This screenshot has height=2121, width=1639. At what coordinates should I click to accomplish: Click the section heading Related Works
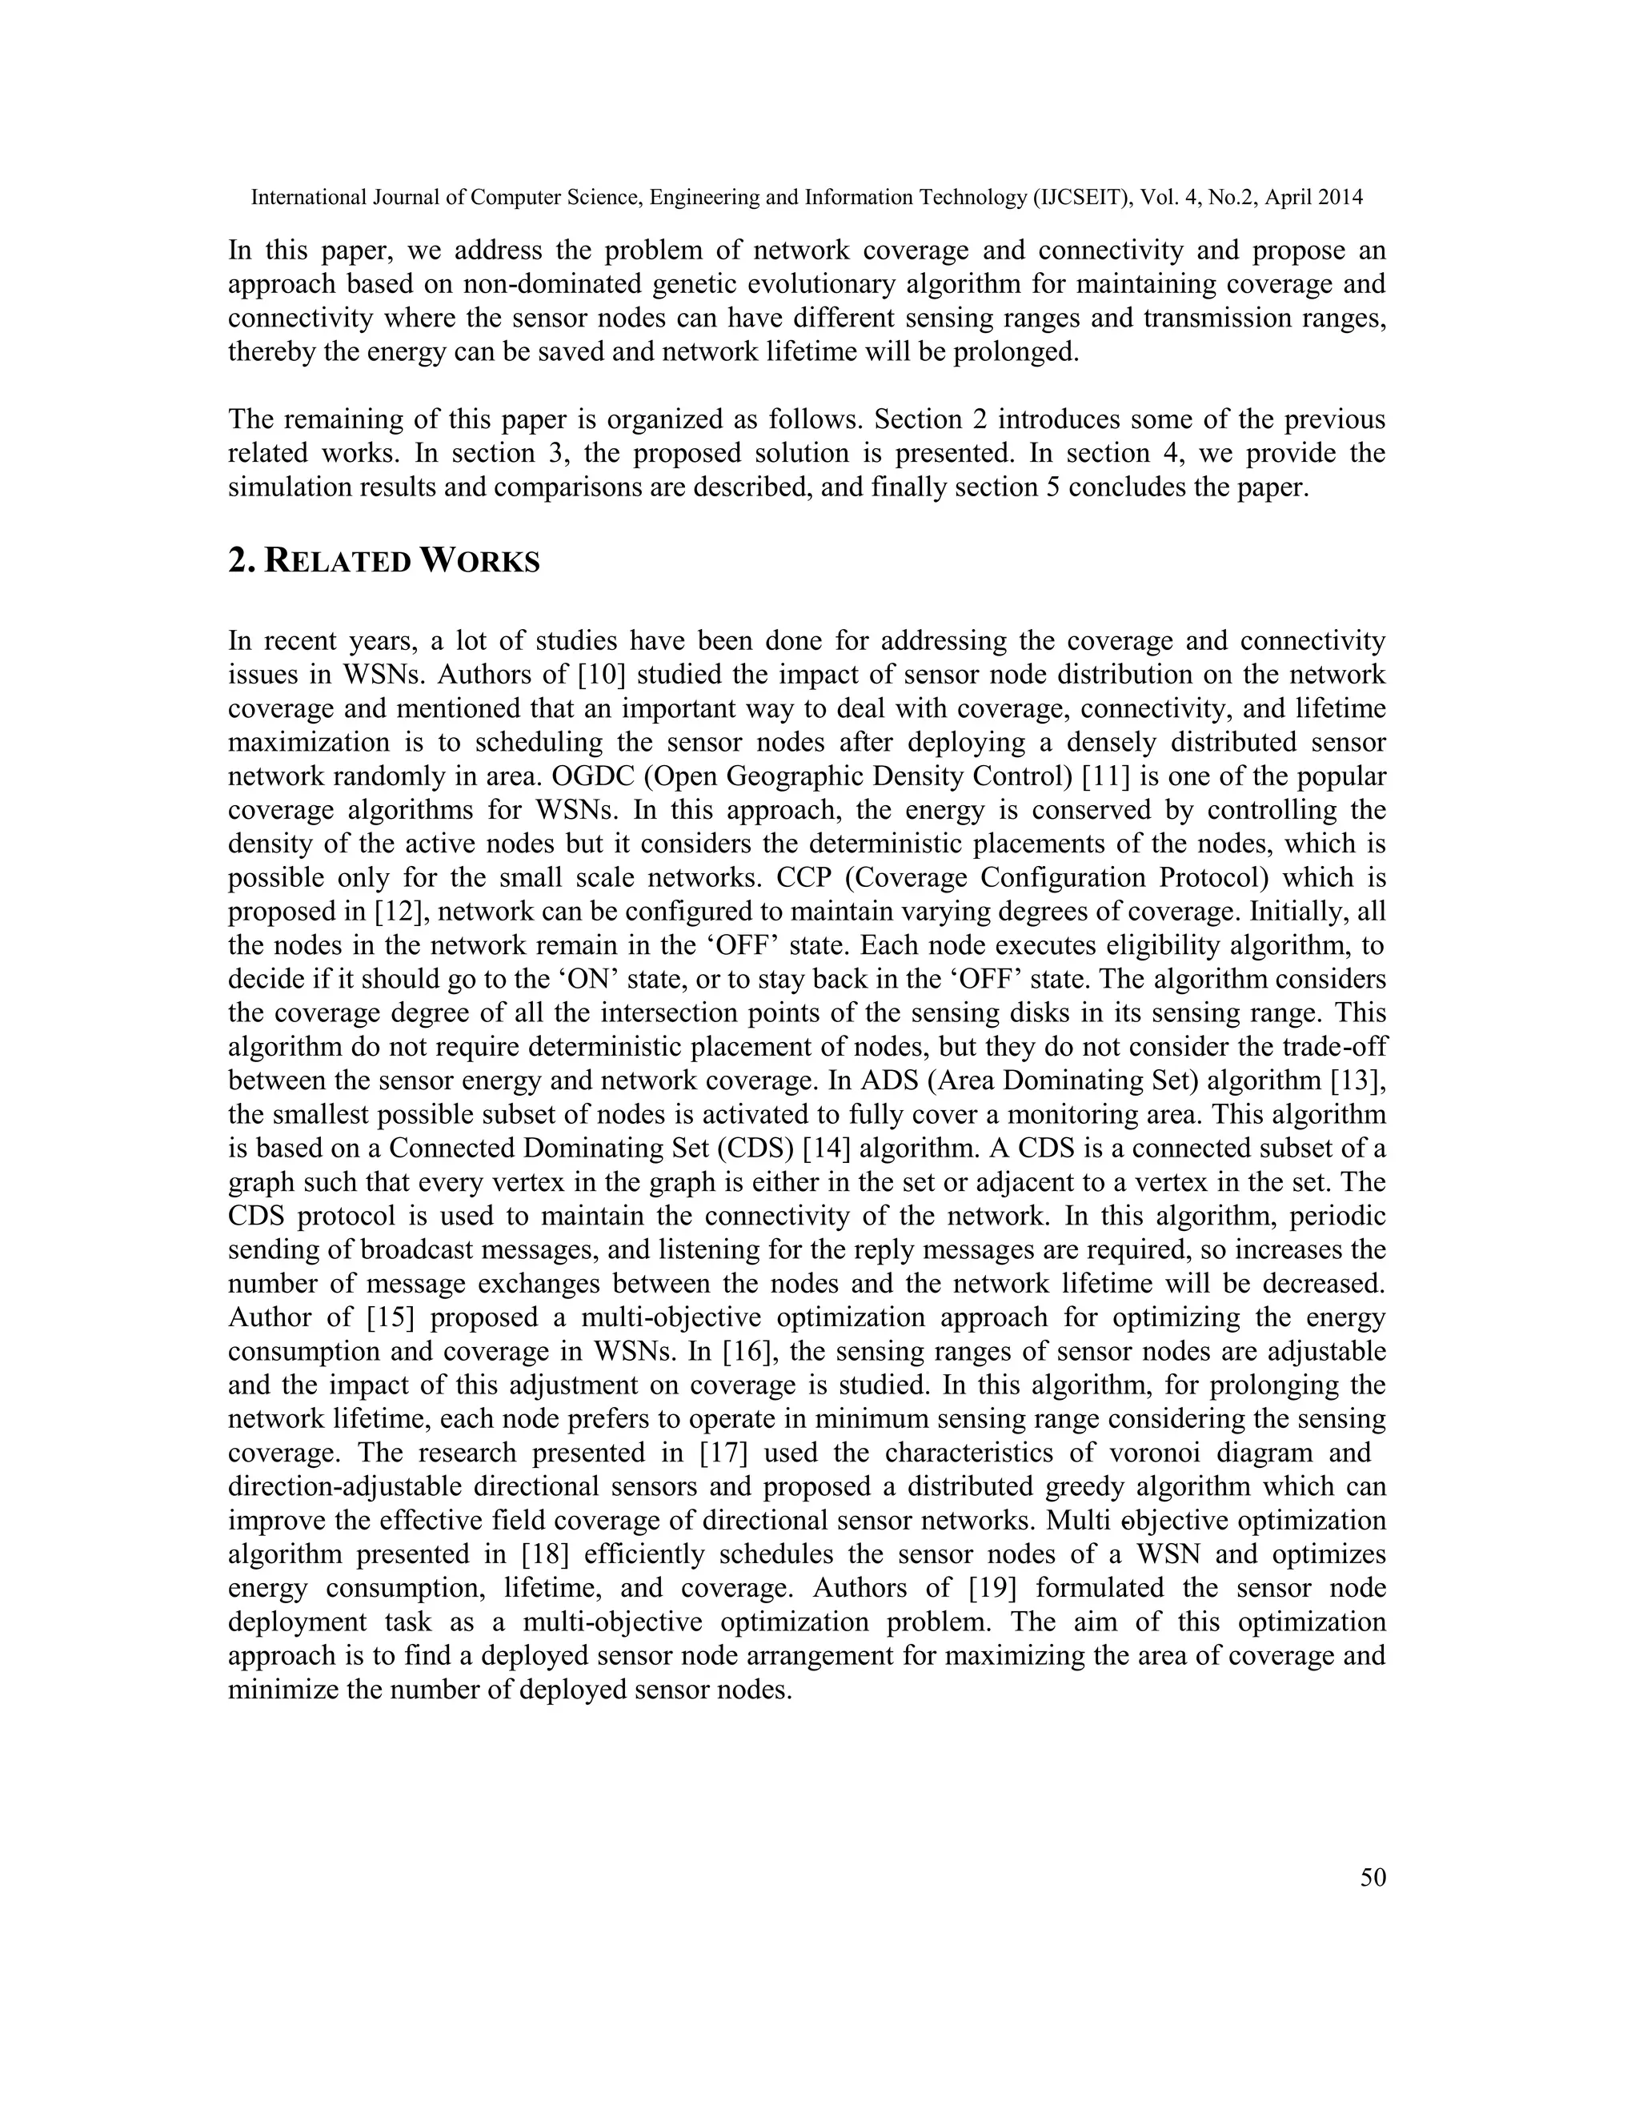383,561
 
